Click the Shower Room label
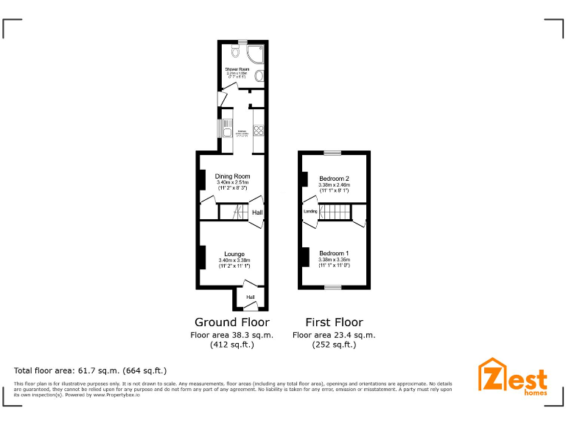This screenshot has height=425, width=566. click(x=237, y=69)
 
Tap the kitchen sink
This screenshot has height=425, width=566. click(x=227, y=128)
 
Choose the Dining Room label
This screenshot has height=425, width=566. click(x=233, y=176)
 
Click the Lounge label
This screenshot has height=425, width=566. click(x=234, y=254)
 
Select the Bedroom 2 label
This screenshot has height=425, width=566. click(x=334, y=179)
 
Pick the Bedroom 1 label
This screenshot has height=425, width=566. click(x=334, y=253)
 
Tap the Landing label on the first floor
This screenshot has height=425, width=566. click(x=311, y=212)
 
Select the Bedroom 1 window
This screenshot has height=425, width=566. click(x=333, y=287)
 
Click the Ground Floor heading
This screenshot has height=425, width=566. click(x=231, y=322)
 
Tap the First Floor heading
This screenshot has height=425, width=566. click(x=334, y=322)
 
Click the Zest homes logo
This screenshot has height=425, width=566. click(x=513, y=376)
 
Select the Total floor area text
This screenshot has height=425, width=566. click(x=91, y=370)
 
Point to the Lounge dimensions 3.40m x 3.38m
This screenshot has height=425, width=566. click(x=234, y=260)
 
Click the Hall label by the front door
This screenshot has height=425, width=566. click(x=251, y=297)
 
